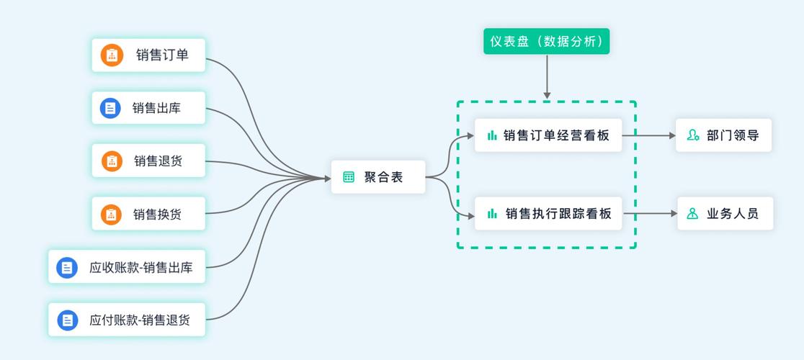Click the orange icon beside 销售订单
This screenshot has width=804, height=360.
pyautogui.click(x=112, y=55)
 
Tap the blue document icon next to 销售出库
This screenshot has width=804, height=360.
pyautogui.click(x=110, y=108)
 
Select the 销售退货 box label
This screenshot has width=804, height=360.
pyautogui.click(x=158, y=161)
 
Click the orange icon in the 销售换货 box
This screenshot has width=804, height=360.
pyautogui.click(x=111, y=214)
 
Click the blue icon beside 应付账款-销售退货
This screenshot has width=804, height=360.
pyautogui.click(x=68, y=320)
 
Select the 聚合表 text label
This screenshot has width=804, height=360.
pyautogui.click(x=383, y=177)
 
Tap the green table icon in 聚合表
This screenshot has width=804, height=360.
pyautogui.click(x=349, y=177)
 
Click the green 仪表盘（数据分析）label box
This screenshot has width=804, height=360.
pyautogui.click(x=547, y=42)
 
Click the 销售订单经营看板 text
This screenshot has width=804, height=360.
pyautogui.click(x=556, y=135)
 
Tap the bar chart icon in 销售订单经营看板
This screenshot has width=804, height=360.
pyautogui.click(x=492, y=135)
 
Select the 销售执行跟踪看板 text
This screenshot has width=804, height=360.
pyautogui.click(x=558, y=213)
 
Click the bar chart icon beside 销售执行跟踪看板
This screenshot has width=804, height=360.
pyautogui.click(x=492, y=213)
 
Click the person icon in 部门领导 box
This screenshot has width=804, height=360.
pyautogui.click(x=693, y=135)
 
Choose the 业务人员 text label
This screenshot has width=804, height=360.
pyautogui.click(x=732, y=213)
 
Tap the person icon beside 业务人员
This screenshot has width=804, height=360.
pyautogui.click(x=692, y=213)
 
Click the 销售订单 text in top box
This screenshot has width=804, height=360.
pyautogui.click(x=162, y=55)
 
